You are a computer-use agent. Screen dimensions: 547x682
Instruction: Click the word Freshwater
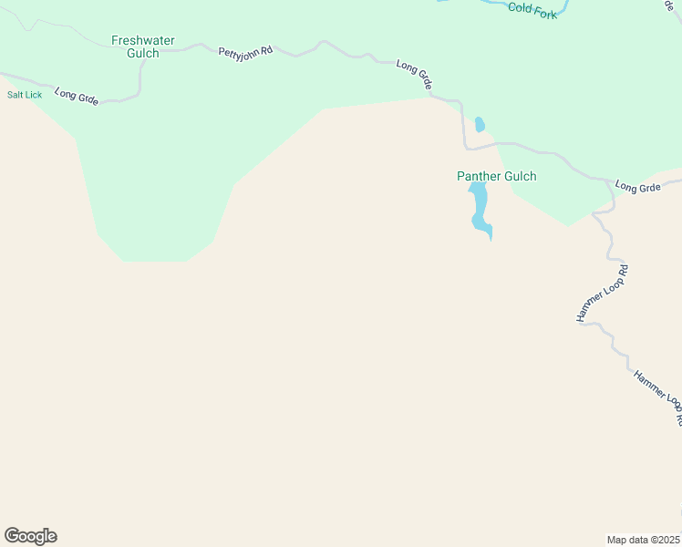[x=142, y=41]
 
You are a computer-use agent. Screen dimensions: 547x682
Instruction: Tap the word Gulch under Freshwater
[x=142, y=53]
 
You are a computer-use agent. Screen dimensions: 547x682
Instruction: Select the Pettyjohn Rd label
[x=245, y=53]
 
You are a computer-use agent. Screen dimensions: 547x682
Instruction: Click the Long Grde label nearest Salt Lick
[x=77, y=95]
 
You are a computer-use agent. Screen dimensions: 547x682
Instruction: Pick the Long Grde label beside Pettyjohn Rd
[x=415, y=76]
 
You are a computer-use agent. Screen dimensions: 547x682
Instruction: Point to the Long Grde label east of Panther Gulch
[x=637, y=188]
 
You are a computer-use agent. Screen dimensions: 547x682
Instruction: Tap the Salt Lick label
[x=25, y=95]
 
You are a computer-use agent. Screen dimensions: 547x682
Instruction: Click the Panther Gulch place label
[x=496, y=176]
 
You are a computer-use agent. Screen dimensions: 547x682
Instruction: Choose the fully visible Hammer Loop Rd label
[x=603, y=294]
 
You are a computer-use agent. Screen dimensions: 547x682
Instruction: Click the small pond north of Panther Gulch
[x=480, y=125]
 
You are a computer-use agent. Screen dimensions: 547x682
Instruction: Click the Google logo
[x=30, y=536]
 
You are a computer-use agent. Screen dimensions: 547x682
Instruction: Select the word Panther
[x=477, y=176]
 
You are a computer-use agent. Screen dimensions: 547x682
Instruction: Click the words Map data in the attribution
[x=627, y=539]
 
